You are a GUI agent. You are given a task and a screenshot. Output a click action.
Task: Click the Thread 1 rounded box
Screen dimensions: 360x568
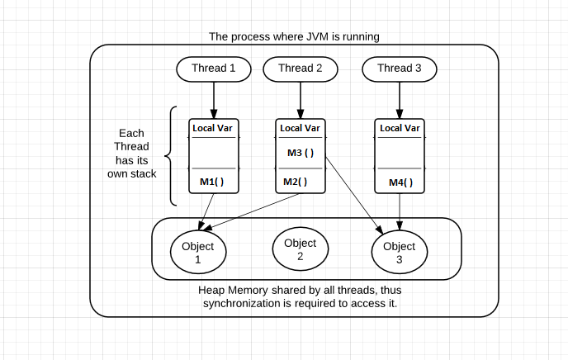click(x=214, y=69)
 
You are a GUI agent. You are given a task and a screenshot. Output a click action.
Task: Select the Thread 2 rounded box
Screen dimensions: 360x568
click(x=300, y=69)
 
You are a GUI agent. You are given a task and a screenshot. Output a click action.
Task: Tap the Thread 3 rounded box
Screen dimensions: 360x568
click(x=400, y=69)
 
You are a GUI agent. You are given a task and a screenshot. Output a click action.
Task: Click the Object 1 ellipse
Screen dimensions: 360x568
click(x=197, y=253)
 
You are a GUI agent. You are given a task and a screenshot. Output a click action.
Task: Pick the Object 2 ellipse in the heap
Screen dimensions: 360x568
click(x=300, y=249)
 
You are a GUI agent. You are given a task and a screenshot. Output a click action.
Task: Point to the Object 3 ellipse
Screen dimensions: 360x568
click(x=400, y=253)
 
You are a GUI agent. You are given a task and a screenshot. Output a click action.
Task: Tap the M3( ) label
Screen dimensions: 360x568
click(x=300, y=153)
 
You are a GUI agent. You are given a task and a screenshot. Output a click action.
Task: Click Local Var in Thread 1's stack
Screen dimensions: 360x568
click(x=214, y=128)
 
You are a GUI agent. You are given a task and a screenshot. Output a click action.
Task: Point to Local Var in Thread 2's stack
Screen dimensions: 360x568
click(x=300, y=128)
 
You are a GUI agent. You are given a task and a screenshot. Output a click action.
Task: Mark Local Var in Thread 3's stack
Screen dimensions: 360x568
click(x=400, y=128)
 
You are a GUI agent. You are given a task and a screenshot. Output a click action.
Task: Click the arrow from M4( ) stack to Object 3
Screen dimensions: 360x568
click(x=400, y=211)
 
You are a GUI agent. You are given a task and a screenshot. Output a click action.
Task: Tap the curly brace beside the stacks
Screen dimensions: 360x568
click(x=171, y=155)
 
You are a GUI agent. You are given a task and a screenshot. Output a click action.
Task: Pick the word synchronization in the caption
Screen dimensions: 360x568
click(x=244, y=304)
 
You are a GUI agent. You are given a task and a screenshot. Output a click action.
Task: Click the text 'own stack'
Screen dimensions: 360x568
click(x=131, y=174)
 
